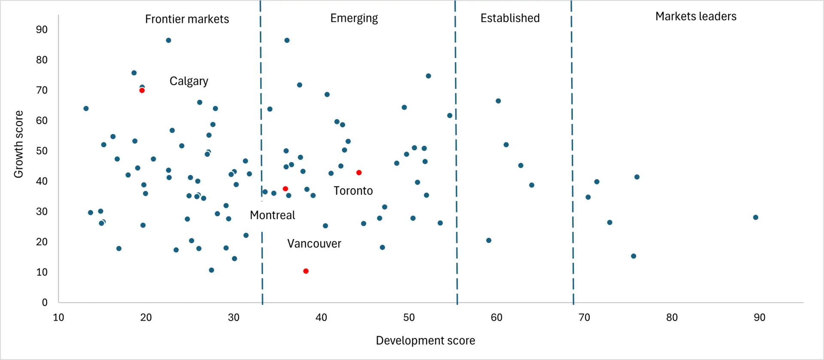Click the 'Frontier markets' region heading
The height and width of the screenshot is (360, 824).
(x=187, y=19)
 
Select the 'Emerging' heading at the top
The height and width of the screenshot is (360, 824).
(x=354, y=18)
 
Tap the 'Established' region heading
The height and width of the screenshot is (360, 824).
(x=510, y=18)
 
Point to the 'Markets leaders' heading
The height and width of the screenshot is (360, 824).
(x=696, y=16)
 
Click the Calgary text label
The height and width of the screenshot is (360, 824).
(x=189, y=81)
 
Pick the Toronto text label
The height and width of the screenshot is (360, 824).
(x=353, y=191)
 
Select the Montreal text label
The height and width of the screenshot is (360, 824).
(x=273, y=215)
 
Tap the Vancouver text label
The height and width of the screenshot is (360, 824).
(x=314, y=244)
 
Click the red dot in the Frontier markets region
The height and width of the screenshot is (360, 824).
(x=142, y=91)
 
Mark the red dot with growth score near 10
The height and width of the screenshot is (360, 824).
(x=306, y=271)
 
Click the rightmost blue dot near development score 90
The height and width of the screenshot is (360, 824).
(x=756, y=218)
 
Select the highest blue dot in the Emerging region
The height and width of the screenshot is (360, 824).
(x=287, y=40)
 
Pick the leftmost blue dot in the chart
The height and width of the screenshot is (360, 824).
(x=86, y=109)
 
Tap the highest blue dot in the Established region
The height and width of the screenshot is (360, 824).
(x=498, y=101)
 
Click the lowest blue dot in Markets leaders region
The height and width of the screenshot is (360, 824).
(x=633, y=256)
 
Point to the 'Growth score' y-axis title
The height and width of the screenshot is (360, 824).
(x=18, y=144)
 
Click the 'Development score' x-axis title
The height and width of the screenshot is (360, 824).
(x=425, y=341)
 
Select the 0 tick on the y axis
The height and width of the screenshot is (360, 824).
(x=45, y=303)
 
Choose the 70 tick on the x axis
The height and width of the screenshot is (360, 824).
(x=585, y=318)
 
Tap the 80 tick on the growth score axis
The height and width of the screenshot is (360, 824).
(x=42, y=60)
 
